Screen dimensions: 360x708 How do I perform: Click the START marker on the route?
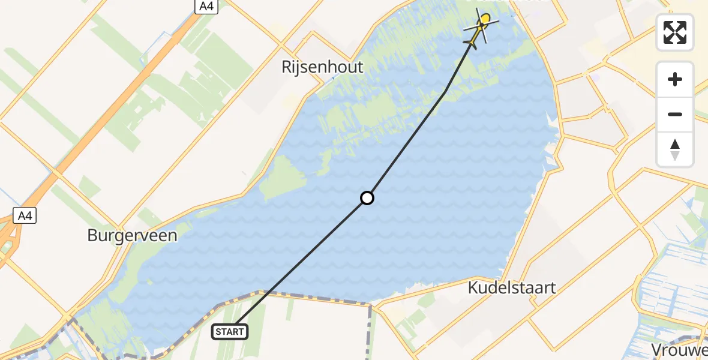coord(230,332)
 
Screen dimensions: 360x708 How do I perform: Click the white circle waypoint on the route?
coord(367,197)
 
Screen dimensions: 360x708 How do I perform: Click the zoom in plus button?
coord(675,80)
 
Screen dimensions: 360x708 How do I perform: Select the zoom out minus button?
coord(675,115)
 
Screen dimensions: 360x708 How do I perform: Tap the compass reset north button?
coord(675,149)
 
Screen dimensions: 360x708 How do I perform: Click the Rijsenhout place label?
coord(322,67)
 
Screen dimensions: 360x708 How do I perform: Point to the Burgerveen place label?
coord(132,235)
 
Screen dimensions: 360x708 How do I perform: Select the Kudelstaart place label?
coord(511,288)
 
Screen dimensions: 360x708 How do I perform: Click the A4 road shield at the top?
coord(206,6)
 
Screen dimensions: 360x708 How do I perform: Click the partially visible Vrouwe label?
coord(680,350)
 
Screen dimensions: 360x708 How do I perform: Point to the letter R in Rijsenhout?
coord(286,67)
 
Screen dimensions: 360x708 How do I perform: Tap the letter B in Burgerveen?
coord(92,235)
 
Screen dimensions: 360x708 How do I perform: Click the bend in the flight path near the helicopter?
coord(445,92)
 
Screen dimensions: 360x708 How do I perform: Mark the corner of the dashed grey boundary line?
coord(370,305)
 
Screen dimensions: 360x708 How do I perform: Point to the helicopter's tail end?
coord(470,43)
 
